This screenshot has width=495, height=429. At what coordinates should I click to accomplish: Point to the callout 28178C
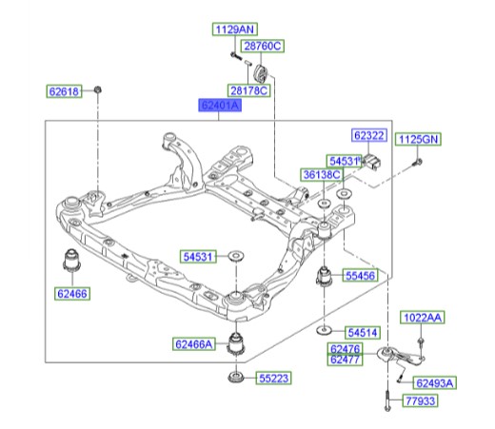pos(250,90)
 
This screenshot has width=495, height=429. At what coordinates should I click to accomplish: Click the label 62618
pos(66,91)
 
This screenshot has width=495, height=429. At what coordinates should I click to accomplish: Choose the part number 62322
pos(369,136)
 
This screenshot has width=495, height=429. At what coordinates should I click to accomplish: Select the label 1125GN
pos(418,138)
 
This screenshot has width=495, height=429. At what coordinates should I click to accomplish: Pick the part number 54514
pos(363,333)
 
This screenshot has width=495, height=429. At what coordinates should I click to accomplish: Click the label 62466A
pos(194,342)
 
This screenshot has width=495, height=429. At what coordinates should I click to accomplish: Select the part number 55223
pos(273,379)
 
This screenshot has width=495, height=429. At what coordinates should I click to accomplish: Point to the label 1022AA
pos(421,317)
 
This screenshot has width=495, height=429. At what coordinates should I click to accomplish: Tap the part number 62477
pos(344,361)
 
